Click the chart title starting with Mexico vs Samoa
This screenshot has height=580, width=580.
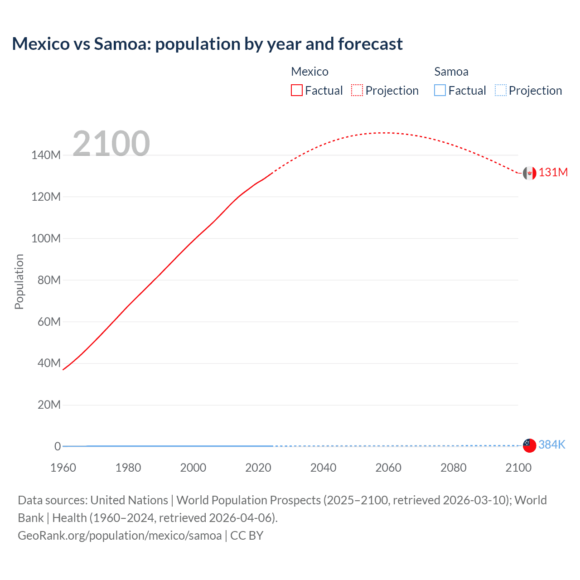tap(207, 44)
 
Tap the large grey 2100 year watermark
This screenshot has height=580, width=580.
tap(111, 144)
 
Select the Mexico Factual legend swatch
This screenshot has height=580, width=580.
tap(296, 90)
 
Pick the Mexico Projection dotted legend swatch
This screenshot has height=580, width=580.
tap(357, 90)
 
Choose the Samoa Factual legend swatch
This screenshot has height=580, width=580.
tap(440, 90)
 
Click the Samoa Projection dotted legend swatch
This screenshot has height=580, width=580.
tap(500, 90)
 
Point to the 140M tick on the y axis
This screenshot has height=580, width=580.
tap(46, 155)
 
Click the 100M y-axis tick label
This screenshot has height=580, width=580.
tap(46, 238)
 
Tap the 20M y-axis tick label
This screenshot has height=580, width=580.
tap(49, 405)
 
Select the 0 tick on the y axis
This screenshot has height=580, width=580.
tap(58, 446)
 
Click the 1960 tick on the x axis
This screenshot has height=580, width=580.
tap(63, 468)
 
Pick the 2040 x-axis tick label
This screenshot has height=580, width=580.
tap(323, 468)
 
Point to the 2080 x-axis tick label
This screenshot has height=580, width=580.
tap(453, 468)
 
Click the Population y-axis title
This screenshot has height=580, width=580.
tap(19, 281)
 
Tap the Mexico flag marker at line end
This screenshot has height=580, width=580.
tap(529, 173)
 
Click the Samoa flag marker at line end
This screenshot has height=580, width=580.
tap(529, 445)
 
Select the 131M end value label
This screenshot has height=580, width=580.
tap(553, 173)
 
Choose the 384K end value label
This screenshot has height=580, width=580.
tap(551, 445)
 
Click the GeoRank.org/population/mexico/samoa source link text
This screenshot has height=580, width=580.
tap(120, 535)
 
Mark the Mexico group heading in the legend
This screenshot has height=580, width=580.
tap(309, 72)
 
